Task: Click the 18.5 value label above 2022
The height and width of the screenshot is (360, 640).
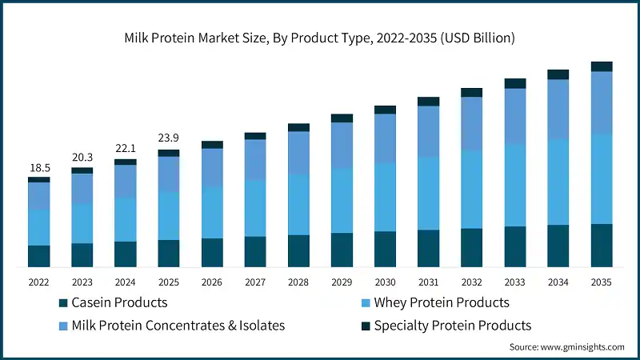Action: point(38,168)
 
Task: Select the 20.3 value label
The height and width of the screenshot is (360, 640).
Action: point(82,158)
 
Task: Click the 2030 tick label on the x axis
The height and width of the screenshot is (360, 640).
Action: point(385,282)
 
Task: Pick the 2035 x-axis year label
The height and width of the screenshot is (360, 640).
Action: point(601,282)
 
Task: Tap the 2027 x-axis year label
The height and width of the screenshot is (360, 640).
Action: point(255,282)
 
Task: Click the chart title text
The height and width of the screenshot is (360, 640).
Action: point(320,38)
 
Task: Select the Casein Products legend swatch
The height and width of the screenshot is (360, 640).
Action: point(62,303)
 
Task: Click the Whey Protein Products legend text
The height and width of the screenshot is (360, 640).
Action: point(442,302)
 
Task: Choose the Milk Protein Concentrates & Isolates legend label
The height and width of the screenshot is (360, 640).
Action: point(178,325)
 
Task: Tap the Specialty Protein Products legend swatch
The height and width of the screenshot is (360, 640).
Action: point(366,326)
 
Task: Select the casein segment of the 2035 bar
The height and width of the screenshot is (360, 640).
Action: point(602,245)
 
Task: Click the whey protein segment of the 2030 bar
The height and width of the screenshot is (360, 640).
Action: point(385,197)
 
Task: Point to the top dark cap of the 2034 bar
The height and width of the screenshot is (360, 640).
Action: point(558,74)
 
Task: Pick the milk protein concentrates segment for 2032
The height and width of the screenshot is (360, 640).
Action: point(472,123)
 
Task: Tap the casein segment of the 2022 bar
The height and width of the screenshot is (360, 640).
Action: point(39,256)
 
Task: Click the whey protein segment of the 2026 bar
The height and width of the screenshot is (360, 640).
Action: point(212,212)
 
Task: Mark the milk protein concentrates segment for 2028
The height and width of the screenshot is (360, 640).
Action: point(298,153)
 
